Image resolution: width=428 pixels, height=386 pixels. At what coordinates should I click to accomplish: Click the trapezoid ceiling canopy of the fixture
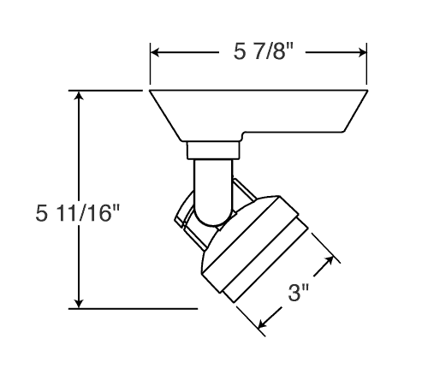tap(257, 111)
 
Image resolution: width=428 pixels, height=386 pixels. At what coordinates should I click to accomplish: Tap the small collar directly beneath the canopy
tap(211, 151)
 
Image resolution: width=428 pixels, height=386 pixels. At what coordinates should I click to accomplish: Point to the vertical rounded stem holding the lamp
tap(211, 193)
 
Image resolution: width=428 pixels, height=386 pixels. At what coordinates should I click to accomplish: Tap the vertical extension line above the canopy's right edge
tap(368, 64)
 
